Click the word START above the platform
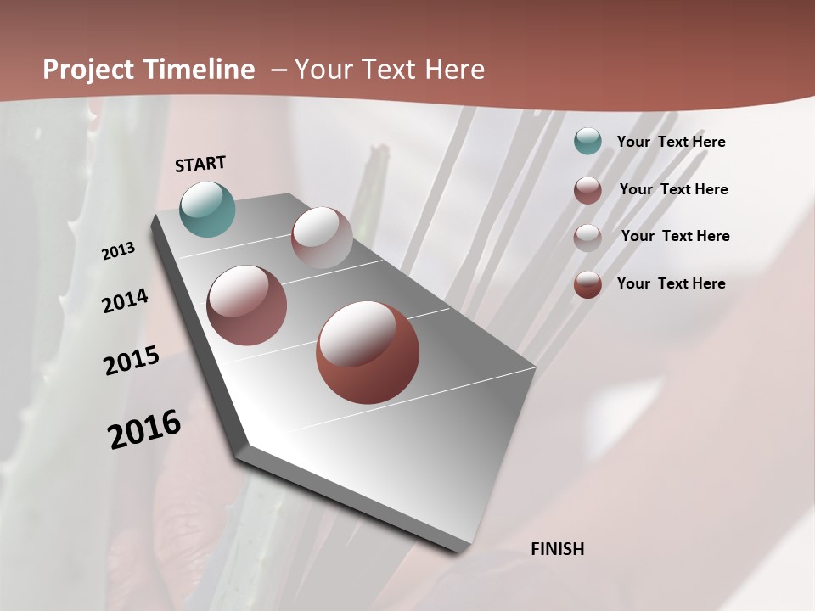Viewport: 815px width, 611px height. pos(200,164)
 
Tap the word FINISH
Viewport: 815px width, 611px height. pos(557,549)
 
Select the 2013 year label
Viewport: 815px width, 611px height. pos(118,251)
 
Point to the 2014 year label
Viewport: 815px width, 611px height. pos(125,301)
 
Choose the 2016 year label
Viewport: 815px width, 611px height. pos(144,429)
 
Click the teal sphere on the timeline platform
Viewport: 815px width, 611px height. pos(207,209)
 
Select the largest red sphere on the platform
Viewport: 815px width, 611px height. pos(368,352)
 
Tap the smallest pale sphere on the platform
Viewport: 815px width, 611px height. pos(322,238)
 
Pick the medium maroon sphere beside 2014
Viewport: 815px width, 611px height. pos(247,305)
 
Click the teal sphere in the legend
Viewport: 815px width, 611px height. pos(587,142)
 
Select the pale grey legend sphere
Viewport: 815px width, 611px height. pos(587,237)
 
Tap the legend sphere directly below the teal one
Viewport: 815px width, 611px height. pos(587,190)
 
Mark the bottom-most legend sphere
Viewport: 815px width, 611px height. pos(587,284)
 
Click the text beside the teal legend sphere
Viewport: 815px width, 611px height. pos(671,142)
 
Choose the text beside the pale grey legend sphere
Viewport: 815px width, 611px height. pos(675,236)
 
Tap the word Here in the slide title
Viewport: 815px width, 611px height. pos(453,70)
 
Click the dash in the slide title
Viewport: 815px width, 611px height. pos(278,70)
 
